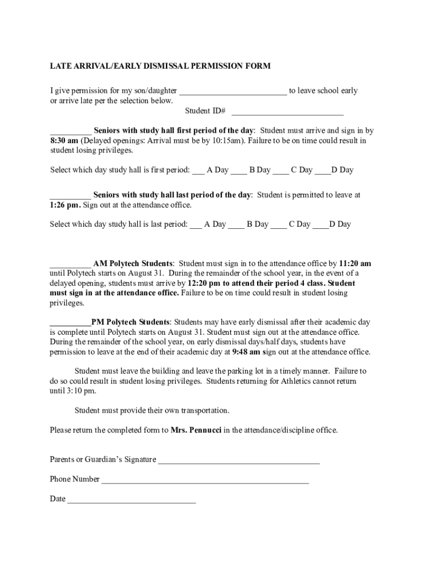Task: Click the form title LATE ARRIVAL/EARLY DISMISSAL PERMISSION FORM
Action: point(160,66)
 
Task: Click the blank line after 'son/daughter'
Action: point(233,91)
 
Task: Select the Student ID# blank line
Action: point(287,111)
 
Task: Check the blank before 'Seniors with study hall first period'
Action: point(71,132)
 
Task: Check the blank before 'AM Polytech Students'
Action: point(70,264)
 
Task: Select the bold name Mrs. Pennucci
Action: point(196,430)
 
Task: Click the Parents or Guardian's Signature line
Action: point(238,460)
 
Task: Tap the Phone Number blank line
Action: point(204,480)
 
